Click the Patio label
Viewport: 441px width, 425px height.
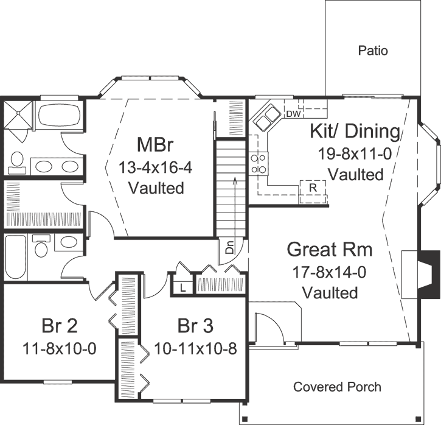tap(373, 51)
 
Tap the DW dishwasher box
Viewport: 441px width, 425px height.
tap(293, 113)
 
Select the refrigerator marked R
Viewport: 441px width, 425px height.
tap(312, 188)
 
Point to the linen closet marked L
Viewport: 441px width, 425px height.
tap(182, 287)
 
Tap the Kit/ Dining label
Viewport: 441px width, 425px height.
tap(355, 131)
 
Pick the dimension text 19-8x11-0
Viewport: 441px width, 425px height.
tap(355, 153)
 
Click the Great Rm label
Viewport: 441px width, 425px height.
tap(329, 250)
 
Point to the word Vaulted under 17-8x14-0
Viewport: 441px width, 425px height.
tap(329, 292)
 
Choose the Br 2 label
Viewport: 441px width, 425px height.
tap(59, 325)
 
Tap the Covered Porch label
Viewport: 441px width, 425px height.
tap(337, 387)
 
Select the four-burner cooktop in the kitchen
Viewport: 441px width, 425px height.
tap(258, 163)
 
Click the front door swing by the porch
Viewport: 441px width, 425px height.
tap(268, 329)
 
